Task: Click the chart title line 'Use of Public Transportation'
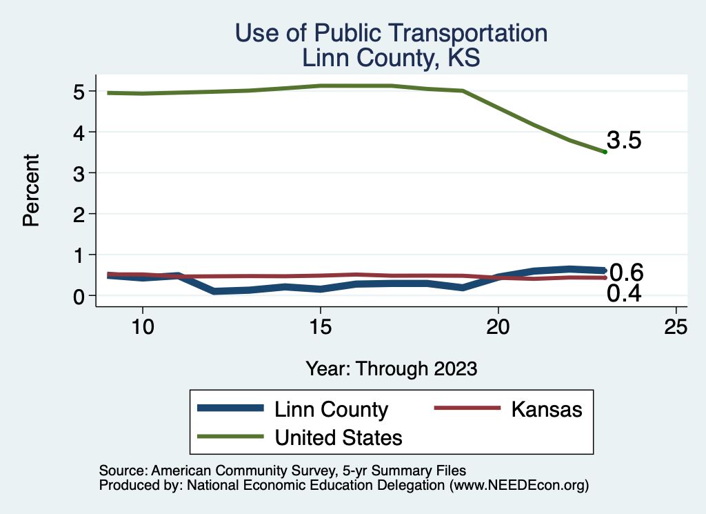391,33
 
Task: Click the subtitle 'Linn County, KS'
391,58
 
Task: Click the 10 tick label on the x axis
142,327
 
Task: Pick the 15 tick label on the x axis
320,327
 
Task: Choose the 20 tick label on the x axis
498,327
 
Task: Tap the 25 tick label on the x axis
676,327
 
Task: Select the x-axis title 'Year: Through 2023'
392,368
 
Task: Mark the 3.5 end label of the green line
625,141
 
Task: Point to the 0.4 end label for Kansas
624,294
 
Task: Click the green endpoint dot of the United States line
605,152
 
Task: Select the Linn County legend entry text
331,409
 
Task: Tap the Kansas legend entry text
547,409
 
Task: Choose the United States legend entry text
339,437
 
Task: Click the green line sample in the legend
230,437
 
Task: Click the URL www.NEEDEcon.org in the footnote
518,485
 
